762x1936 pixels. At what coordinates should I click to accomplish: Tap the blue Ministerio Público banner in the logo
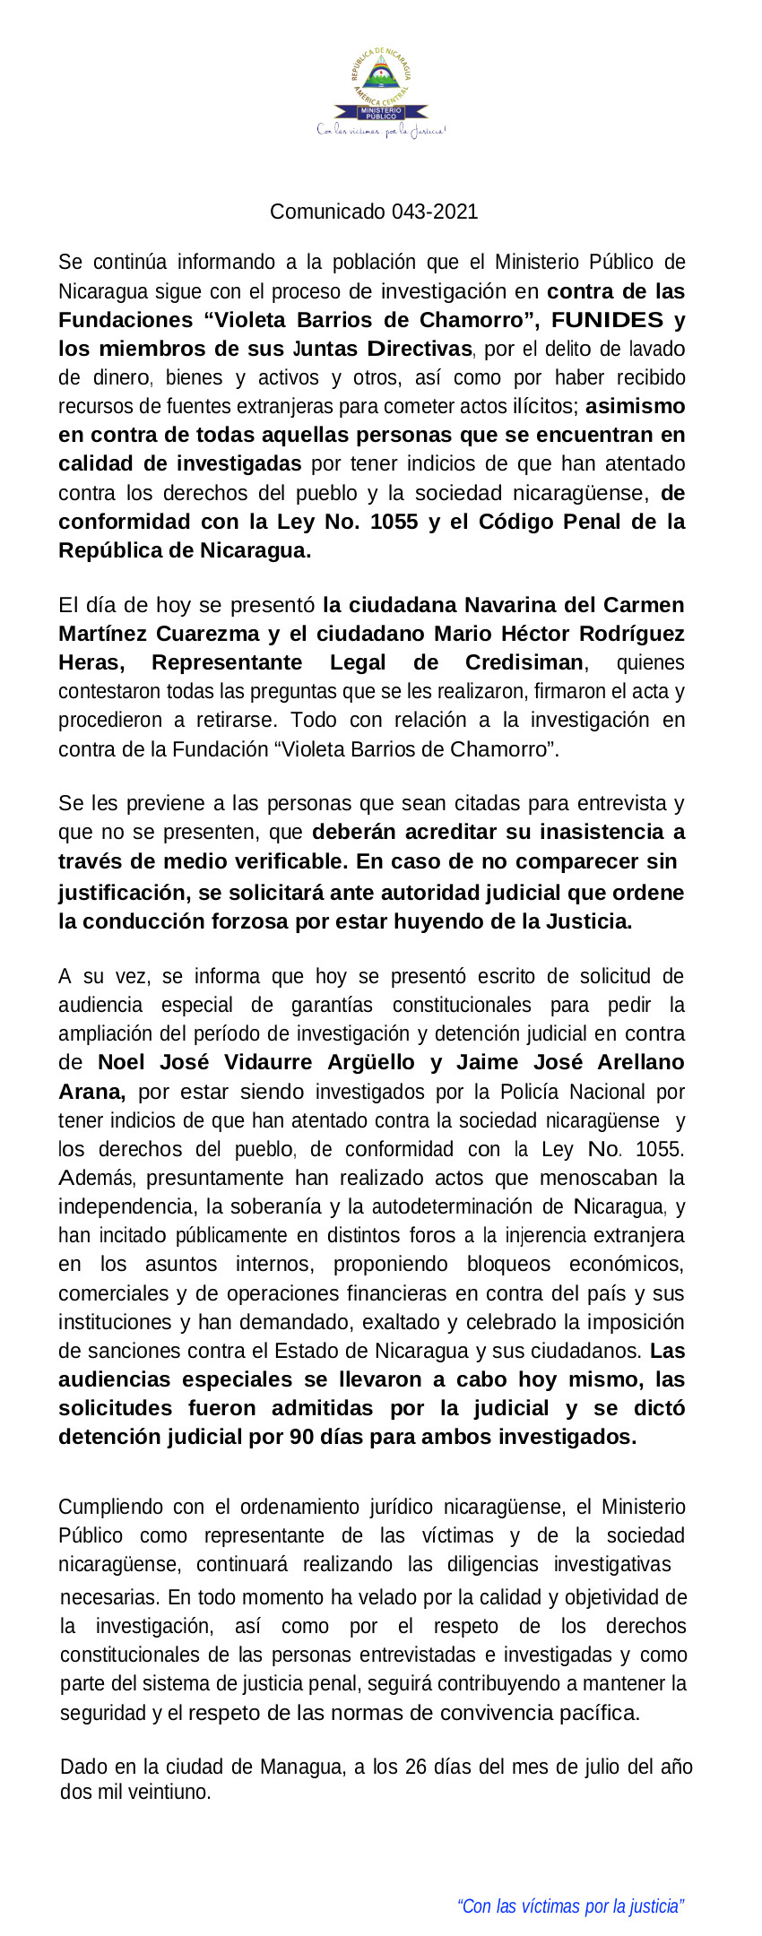tap(381, 113)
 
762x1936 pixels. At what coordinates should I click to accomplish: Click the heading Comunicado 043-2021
tap(374, 212)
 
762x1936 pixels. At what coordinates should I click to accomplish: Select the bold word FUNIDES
tap(607, 320)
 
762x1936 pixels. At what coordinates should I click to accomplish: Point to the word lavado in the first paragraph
tap(656, 349)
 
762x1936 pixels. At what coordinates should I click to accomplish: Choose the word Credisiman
tap(524, 662)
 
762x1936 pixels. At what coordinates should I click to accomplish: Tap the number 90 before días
tap(302, 1437)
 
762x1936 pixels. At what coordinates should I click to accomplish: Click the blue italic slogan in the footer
tap(570, 1906)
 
